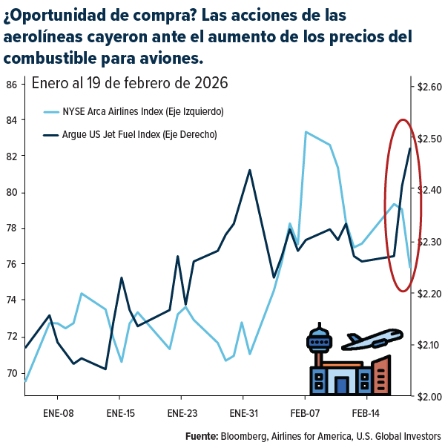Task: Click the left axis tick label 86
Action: click(11, 84)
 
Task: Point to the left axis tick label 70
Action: click(11, 373)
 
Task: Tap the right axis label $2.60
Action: click(429, 88)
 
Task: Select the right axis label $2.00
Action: click(429, 396)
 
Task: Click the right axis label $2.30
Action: click(429, 242)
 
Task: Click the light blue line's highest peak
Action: click(306, 132)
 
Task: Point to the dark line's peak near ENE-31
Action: click(249, 170)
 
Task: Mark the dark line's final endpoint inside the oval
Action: click(410, 148)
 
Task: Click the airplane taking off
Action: click(375, 339)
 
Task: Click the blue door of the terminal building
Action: click(341, 385)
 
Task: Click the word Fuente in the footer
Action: click(201, 435)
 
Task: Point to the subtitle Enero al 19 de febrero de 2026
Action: click(129, 82)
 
